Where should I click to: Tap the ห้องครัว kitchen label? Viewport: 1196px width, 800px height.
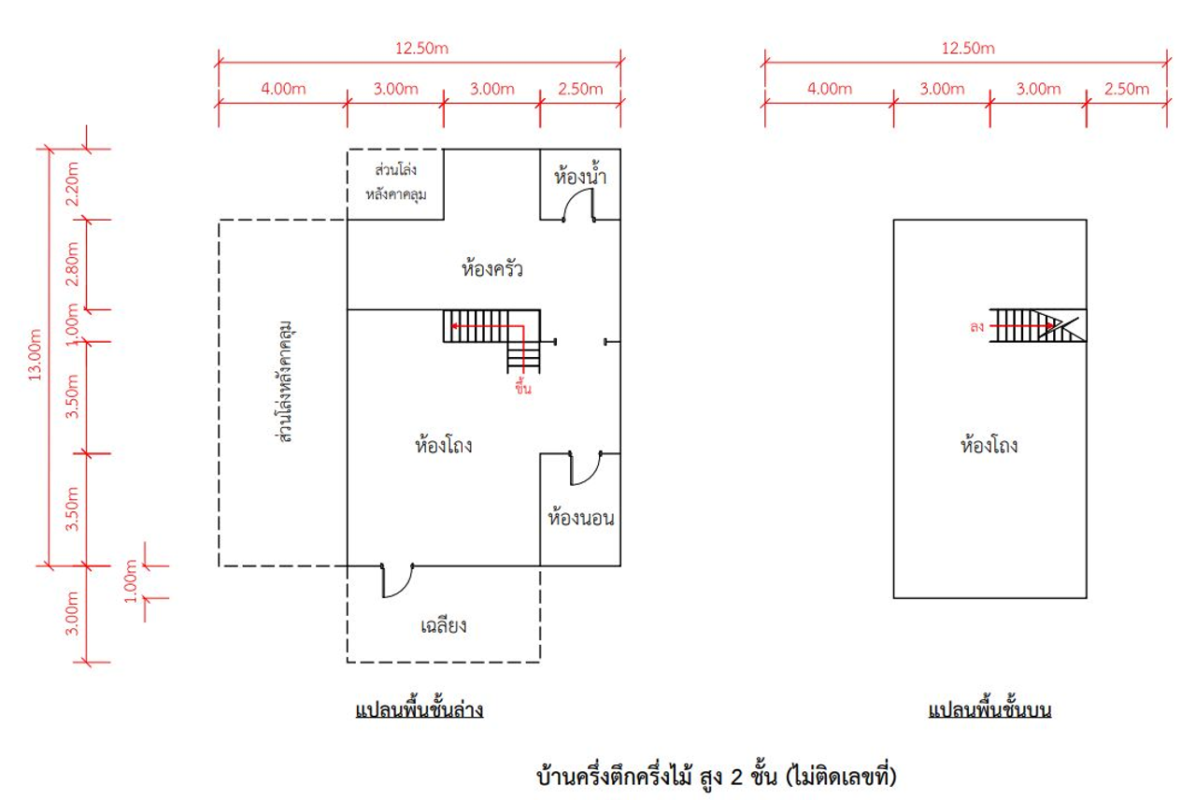coord(491,271)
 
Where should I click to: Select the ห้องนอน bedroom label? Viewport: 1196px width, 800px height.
coord(581,518)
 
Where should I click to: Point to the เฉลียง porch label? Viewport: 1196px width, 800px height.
coord(444,625)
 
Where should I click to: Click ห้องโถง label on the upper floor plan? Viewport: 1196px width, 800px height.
coord(989,446)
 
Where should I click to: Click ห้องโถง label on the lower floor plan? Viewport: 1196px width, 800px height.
coord(444,446)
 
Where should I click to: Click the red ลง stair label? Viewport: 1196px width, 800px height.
coord(977,327)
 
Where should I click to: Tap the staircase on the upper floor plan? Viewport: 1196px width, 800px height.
coord(1038,325)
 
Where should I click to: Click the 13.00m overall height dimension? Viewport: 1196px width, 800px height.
coord(36,356)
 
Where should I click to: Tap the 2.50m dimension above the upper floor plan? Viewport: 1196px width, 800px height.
coord(1127,89)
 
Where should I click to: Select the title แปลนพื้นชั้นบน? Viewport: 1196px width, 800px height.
coord(990,711)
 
